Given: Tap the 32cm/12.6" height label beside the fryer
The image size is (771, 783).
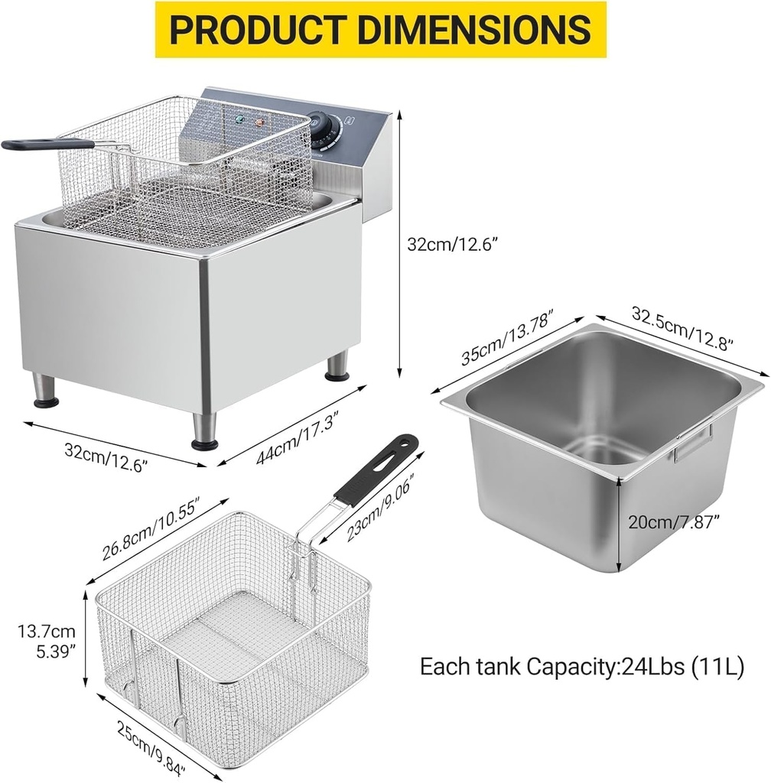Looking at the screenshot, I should tap(457, 245).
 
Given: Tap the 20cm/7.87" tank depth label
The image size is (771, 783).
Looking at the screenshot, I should tap(673, 523).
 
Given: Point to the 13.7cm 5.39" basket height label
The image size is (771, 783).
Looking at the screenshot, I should tap(48, 642).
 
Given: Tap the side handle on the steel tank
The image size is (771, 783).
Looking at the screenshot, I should tap(692, 444).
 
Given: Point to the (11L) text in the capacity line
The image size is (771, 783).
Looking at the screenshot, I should tap(717, 665).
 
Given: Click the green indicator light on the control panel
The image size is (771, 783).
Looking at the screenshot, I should tap(239, 121).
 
